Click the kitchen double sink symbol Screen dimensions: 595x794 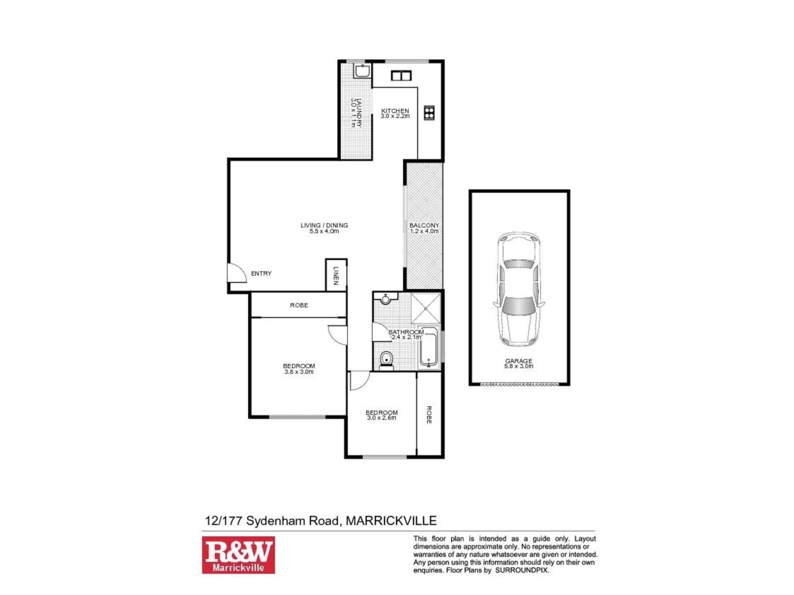(401, 75)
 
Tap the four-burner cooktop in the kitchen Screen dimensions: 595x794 (429, 113)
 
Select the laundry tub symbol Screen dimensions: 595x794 (362, 71)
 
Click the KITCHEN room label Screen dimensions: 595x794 (395, 111)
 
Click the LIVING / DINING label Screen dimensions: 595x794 (324, 225)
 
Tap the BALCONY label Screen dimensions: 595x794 (424, 225)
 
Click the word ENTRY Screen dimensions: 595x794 (261, 273)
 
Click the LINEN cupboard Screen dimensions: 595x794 (336, 275)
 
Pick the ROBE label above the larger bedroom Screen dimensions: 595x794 (299, 305)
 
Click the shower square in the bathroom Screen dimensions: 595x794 (426, 309)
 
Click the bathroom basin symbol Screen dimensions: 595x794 (385, 299)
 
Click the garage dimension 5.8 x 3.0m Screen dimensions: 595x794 (518, 366)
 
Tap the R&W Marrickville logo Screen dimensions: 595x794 (238, 555)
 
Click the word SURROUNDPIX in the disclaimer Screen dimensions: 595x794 (522, 570)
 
